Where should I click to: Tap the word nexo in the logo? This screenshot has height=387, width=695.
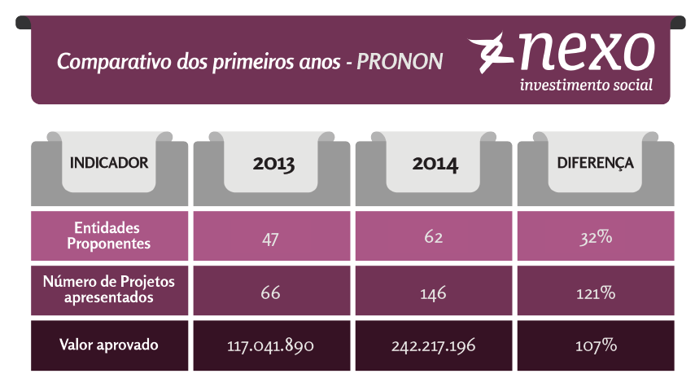pos(586,51)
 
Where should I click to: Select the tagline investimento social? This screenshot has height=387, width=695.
pos(585,85)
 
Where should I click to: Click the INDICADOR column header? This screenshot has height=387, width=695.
pos(109,163)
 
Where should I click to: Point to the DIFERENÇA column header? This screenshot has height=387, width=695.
pos(595,163)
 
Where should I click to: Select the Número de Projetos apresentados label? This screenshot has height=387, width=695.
pos(108,290)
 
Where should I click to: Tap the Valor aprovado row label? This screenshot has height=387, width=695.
pos(108,345)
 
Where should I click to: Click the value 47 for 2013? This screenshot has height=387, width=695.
pos(271,238)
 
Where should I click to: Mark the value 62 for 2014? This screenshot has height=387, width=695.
pos(434,238)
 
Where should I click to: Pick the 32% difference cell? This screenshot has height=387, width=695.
pos(596,238)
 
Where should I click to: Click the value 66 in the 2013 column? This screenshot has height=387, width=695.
pos(271,292)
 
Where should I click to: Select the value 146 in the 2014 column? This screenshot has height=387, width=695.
pos(434,292)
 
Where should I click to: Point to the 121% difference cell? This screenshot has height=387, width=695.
pos(596,292)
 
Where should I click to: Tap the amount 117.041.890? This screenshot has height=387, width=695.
pos(271,346)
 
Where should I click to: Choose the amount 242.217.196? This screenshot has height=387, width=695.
pos(434,346)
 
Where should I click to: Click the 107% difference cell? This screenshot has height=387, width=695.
pos(596,346)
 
